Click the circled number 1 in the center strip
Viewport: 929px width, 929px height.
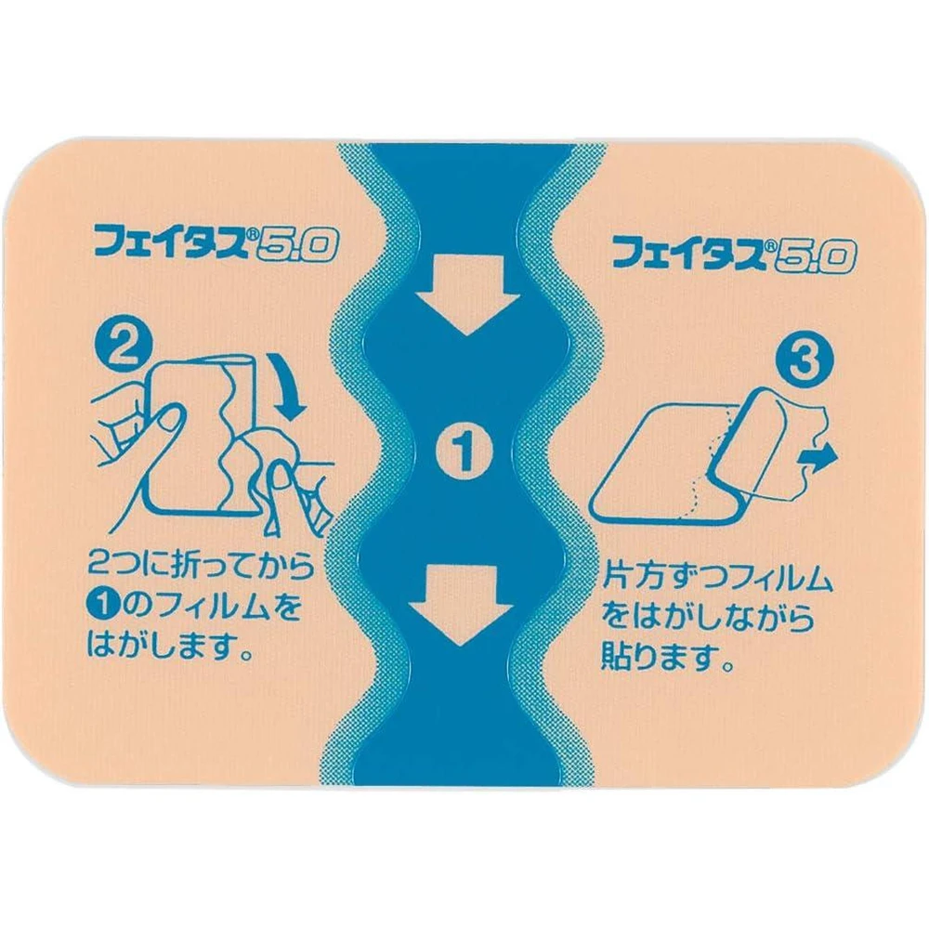[464, 454]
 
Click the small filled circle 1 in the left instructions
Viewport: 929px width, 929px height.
[100, 608]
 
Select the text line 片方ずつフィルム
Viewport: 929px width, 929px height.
[718, 581]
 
